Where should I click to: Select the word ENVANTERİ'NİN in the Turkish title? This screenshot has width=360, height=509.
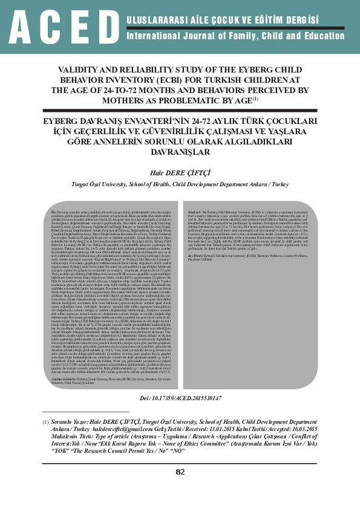[140, 120]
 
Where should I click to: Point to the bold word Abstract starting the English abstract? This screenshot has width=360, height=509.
[195, 212]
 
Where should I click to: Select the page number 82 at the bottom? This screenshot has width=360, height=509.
[180, 488]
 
